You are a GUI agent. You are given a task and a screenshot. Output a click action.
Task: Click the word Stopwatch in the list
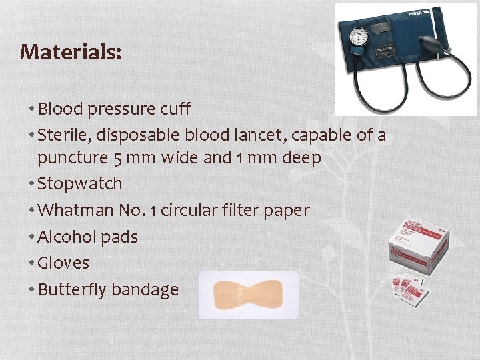(x=80, y=183)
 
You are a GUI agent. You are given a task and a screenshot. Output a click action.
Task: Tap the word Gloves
(x=63, y=263)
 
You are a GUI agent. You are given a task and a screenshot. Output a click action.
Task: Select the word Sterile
(x=64, y=135)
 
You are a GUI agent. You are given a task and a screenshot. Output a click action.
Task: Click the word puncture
(x=70, y=159)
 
